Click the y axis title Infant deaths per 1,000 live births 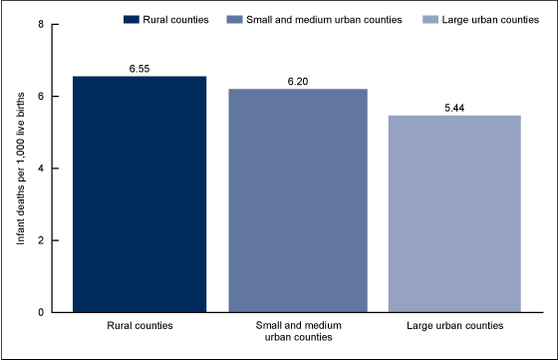(21, 168)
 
